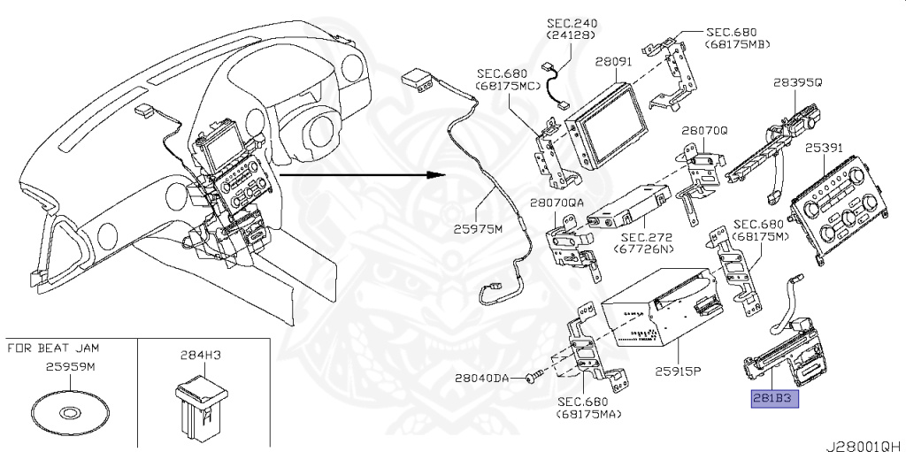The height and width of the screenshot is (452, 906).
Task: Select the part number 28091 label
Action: [x=612, y=63]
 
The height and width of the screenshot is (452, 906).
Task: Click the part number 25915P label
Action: [x=677, y=370]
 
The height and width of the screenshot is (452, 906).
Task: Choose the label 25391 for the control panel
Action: [x=824, y=149]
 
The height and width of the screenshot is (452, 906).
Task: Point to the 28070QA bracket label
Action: [x=557, y=203]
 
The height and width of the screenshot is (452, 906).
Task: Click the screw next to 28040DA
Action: [x=530, y=378]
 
